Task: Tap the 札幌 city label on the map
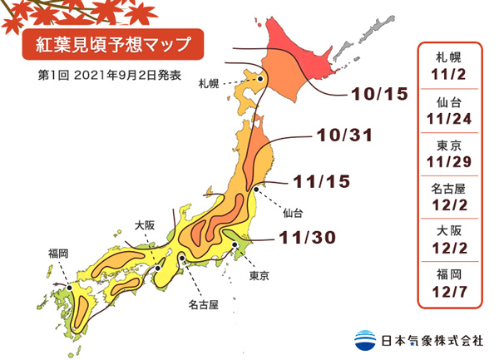coord(209,84)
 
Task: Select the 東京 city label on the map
coord(259,274)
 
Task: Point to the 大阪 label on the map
coord(145,224)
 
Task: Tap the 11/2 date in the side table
coord(450,73)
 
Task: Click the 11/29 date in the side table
coord(450,160)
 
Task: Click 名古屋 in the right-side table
coord(450,187)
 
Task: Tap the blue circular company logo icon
coord(364,339)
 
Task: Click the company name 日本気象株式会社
coord(431,340)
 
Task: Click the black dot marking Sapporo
coord(260,80)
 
